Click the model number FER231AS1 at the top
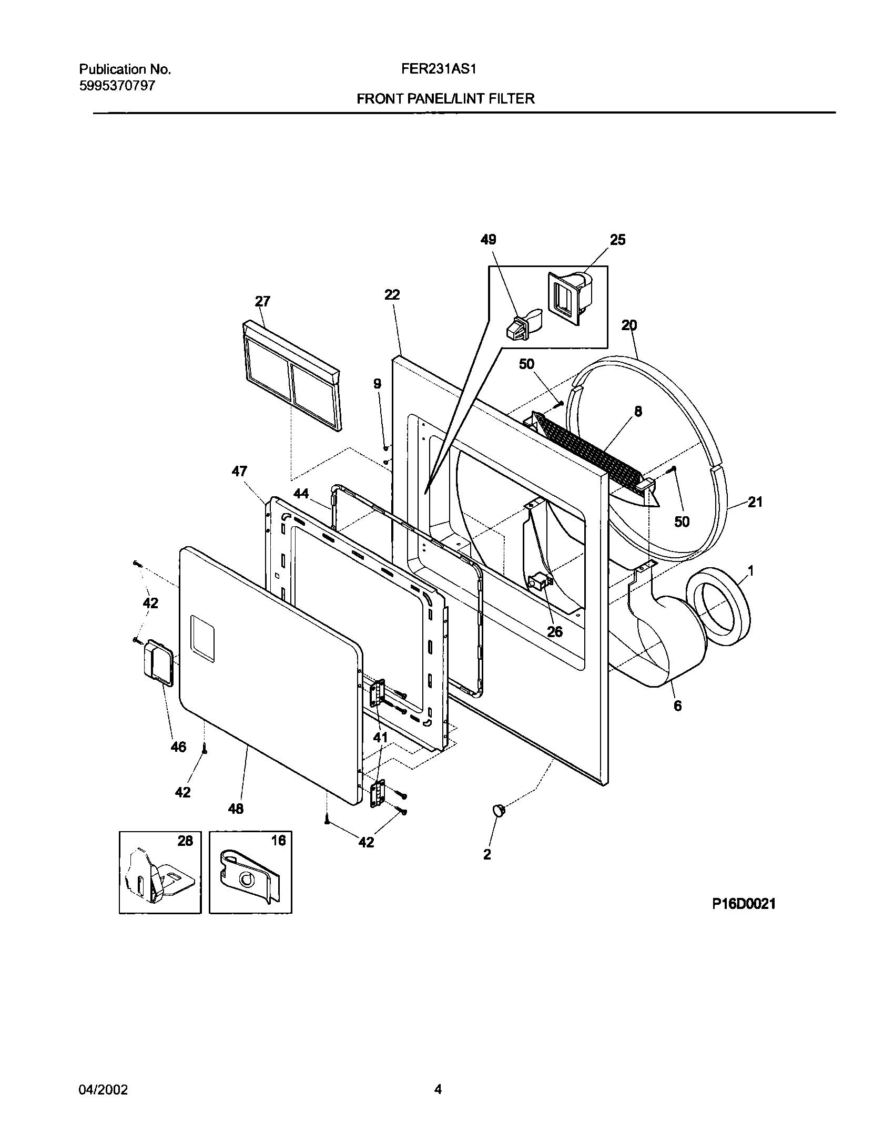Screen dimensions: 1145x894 click(x=445, y=69)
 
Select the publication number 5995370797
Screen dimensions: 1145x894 click(x=117, y=86)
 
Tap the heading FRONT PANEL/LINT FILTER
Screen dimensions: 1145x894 click(x=445, y=98)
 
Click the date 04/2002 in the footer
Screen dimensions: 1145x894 click(x=103, y=1074)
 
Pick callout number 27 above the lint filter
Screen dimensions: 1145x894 click(x=262, y=301)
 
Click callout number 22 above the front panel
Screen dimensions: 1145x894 click(x=392, y=295)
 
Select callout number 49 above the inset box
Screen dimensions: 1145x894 click(x=488, y=240)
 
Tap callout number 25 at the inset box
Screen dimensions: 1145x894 click(x=617, y=240)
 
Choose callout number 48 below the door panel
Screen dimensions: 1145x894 click(x=236, y=809)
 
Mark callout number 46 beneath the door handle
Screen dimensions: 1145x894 click(x=179, y=747)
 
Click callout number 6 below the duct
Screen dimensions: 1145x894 click(x=677, y=706)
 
